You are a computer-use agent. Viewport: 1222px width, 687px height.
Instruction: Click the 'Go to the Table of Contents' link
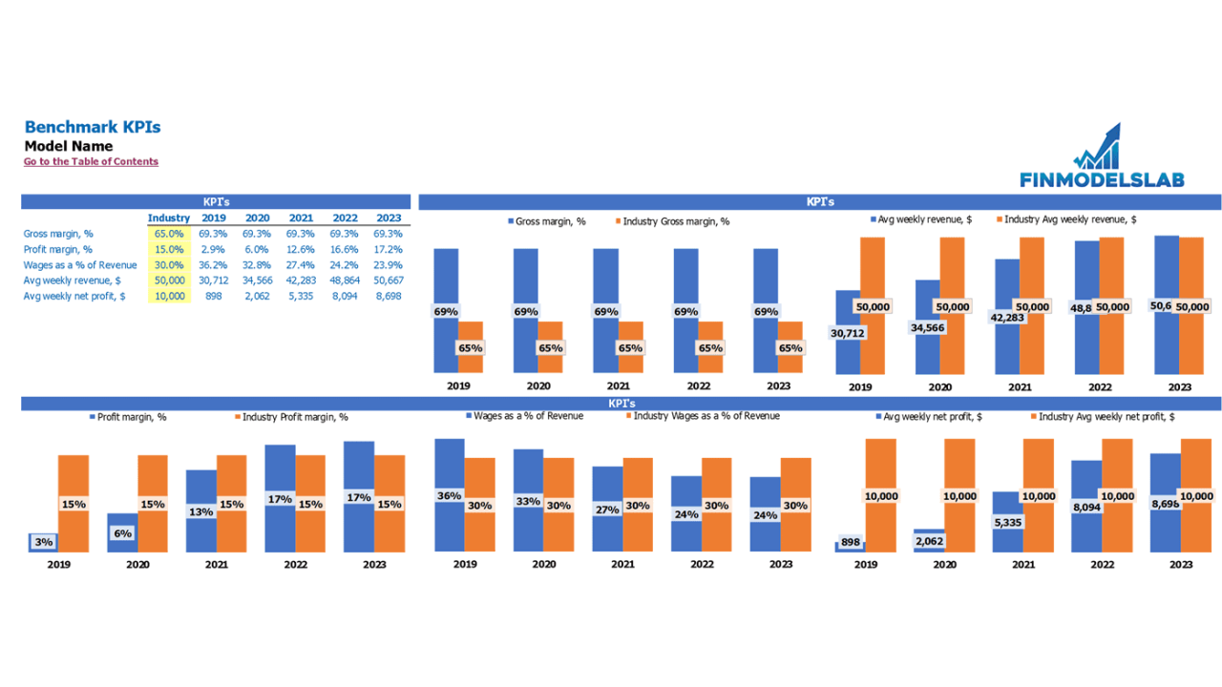91,162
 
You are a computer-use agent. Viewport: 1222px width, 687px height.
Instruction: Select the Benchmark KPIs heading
93,127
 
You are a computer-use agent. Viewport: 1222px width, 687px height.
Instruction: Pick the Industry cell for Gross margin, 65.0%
169,234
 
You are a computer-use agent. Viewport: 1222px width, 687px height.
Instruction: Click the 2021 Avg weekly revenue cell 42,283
300,281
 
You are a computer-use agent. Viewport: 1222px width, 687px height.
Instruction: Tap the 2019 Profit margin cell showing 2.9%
213,249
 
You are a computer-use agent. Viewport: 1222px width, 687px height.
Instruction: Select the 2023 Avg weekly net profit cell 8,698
388,296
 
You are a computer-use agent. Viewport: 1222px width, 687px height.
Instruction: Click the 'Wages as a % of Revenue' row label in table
80,265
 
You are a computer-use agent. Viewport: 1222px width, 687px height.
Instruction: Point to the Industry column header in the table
169,219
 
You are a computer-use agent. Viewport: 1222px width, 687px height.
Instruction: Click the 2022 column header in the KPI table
345,219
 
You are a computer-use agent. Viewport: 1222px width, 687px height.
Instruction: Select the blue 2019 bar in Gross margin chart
446,277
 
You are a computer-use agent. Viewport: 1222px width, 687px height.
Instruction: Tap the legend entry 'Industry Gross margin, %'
675,221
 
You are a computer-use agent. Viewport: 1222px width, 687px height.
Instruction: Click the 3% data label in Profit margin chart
43,542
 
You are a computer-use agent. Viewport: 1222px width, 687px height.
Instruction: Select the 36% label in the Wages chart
449,496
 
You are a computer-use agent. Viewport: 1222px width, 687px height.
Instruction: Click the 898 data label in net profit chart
851,542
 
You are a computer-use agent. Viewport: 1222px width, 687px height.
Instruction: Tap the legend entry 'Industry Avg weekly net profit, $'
1106,417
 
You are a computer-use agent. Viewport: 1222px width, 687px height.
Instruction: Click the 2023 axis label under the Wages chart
781,564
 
